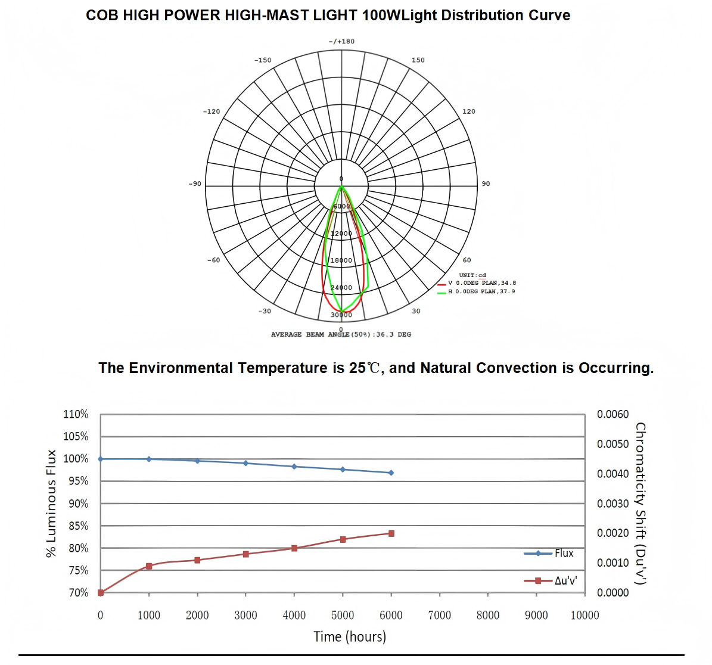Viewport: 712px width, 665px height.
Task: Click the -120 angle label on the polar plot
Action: coord(212,111)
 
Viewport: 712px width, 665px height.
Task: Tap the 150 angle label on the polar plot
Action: coord(418,60)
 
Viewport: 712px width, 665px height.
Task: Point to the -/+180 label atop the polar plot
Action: coord(341,42)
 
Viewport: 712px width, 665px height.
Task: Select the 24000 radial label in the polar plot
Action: coord(341,288)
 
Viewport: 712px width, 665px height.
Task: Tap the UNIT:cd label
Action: coord(472,275)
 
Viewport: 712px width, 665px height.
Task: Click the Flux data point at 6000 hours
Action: coord(391,473)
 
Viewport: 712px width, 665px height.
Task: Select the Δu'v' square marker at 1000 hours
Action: coord(149,566)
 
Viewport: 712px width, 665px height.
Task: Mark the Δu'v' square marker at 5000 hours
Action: coord(343,539)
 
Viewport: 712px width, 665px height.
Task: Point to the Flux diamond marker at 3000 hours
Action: coord(245,463)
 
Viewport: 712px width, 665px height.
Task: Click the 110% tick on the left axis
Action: coord(76,414)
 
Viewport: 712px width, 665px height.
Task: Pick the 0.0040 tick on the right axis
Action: coord(612,474)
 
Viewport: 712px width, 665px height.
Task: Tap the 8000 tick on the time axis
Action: coord(487,616)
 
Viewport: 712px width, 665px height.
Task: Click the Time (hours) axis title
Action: coord(350,636)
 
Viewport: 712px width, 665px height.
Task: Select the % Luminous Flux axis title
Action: coord(51,504)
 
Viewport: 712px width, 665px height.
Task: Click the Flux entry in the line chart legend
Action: coord(563,554)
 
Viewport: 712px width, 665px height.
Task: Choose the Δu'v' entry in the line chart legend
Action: coord(565,580)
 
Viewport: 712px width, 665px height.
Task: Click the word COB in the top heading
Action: coord(102,15)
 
